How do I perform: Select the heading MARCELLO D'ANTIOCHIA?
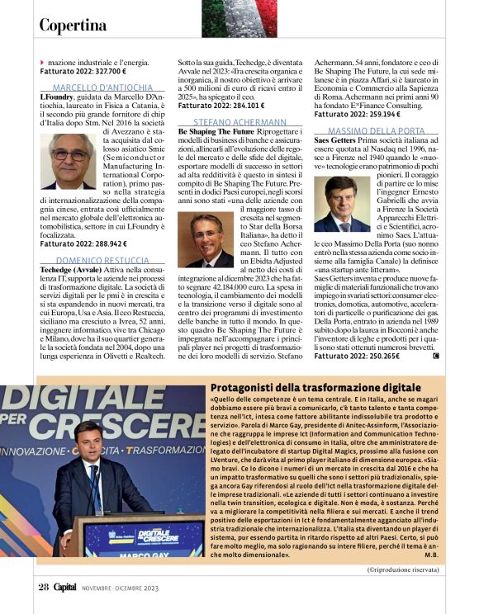[102, 87]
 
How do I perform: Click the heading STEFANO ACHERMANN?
[240, 121]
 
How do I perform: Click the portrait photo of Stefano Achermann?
[206, 239]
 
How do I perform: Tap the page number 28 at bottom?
[44, 587]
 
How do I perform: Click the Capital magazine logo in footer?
[65, 587]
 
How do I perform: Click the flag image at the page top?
[239, 18]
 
